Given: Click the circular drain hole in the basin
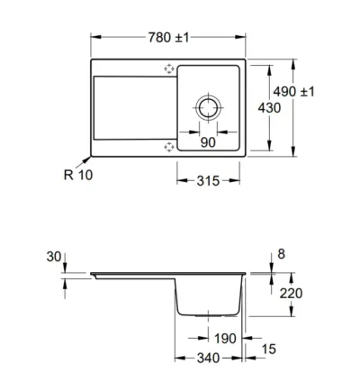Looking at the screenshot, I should pos(209,106).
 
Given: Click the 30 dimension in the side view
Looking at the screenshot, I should pos(55,258).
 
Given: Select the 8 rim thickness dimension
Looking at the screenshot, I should pos(283,255).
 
